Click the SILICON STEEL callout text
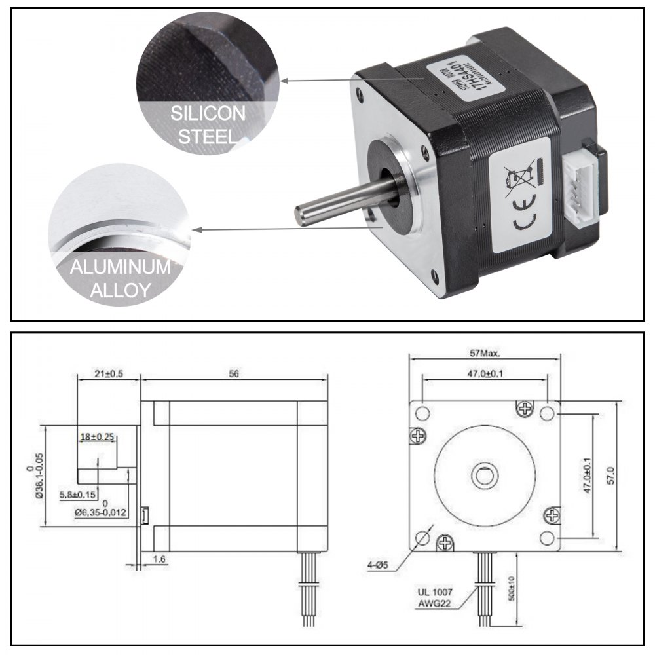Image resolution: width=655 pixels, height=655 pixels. (208, 125)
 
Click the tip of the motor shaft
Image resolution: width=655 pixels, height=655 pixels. (300, 216)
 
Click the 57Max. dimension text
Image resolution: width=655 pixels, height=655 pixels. (485, 353)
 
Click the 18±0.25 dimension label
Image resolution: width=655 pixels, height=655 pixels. (98, 436)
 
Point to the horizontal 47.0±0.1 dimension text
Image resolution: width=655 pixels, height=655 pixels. (485, 373)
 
